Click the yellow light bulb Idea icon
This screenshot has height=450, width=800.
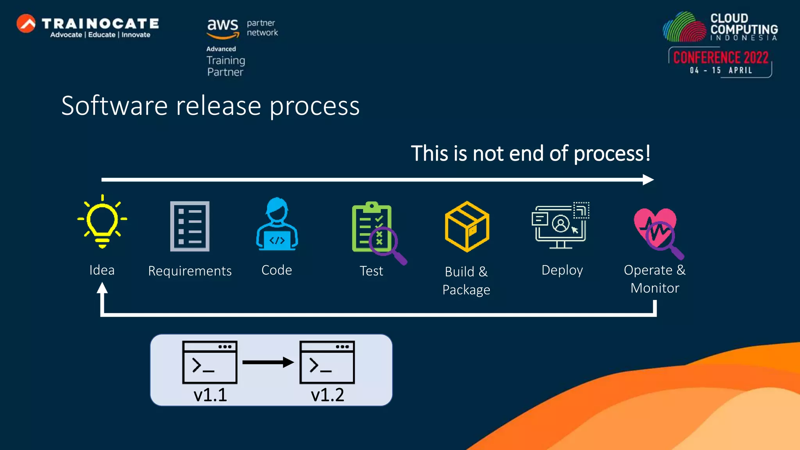tap(102, 221)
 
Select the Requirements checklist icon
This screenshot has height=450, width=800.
tap(190, 226)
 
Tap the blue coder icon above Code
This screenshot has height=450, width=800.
tap(277, 224)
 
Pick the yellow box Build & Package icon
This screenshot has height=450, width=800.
tap(467, 227)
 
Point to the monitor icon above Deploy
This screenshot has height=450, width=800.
tap(560, 226)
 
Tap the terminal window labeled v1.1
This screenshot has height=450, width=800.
tap(210, 362)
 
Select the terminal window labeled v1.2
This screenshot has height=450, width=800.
tap(327, 362)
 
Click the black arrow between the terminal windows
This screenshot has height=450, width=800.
tap(268, 362)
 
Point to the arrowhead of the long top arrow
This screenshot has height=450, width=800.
tap(648, 180)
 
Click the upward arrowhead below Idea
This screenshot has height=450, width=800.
tap(102, 288)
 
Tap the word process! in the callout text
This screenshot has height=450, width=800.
tap(612, 154)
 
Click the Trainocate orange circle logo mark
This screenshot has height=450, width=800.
tap(26, 23)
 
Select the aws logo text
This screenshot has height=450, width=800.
tap(222, 25)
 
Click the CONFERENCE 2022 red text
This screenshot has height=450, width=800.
tap(721, 58)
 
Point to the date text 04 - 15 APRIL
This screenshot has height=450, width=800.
tap(721, 70)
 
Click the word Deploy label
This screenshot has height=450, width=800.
tap(562, 270)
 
